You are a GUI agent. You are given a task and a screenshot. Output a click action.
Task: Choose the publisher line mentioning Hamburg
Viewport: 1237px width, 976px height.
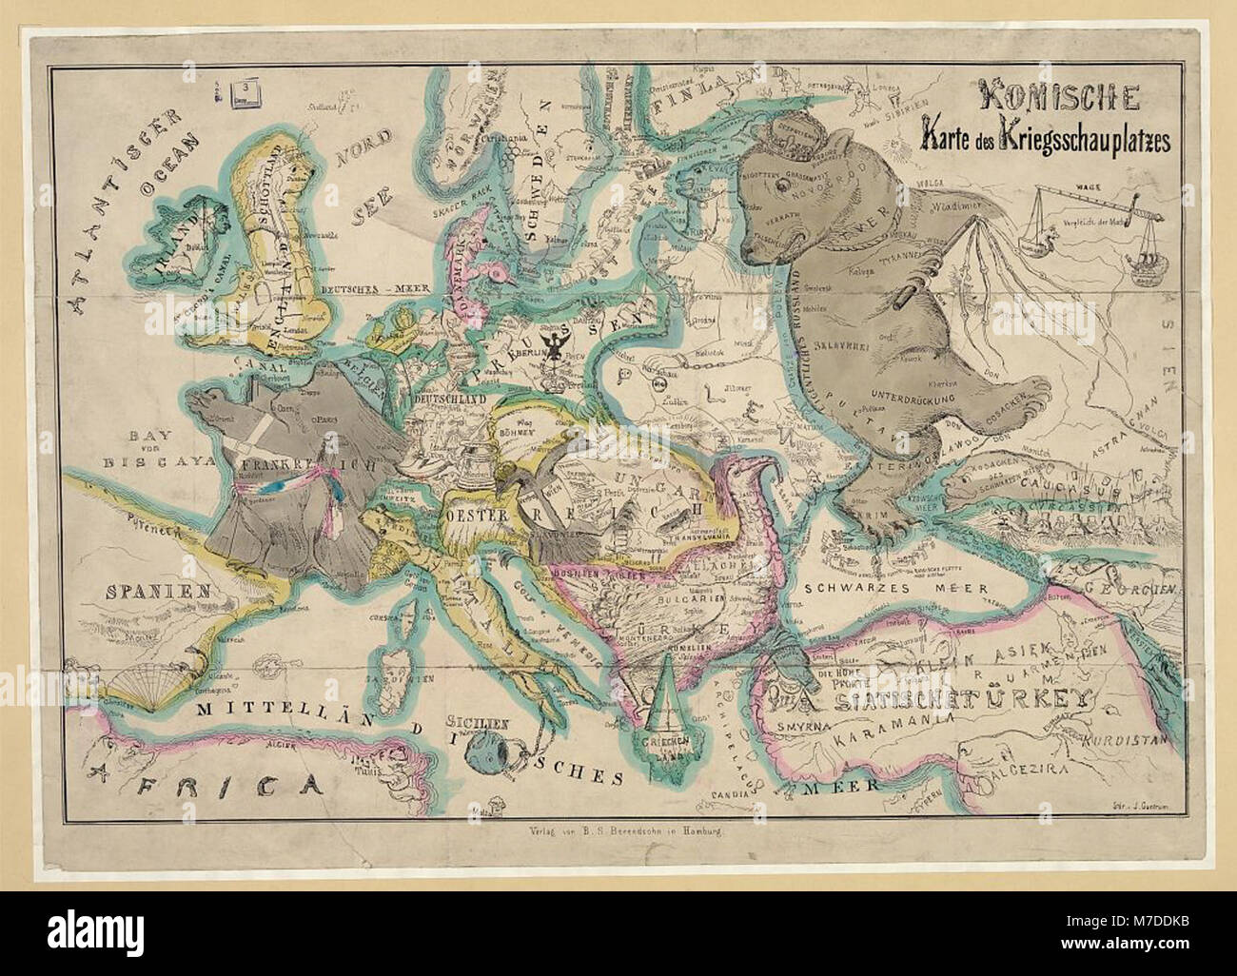(x=618, y=830)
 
